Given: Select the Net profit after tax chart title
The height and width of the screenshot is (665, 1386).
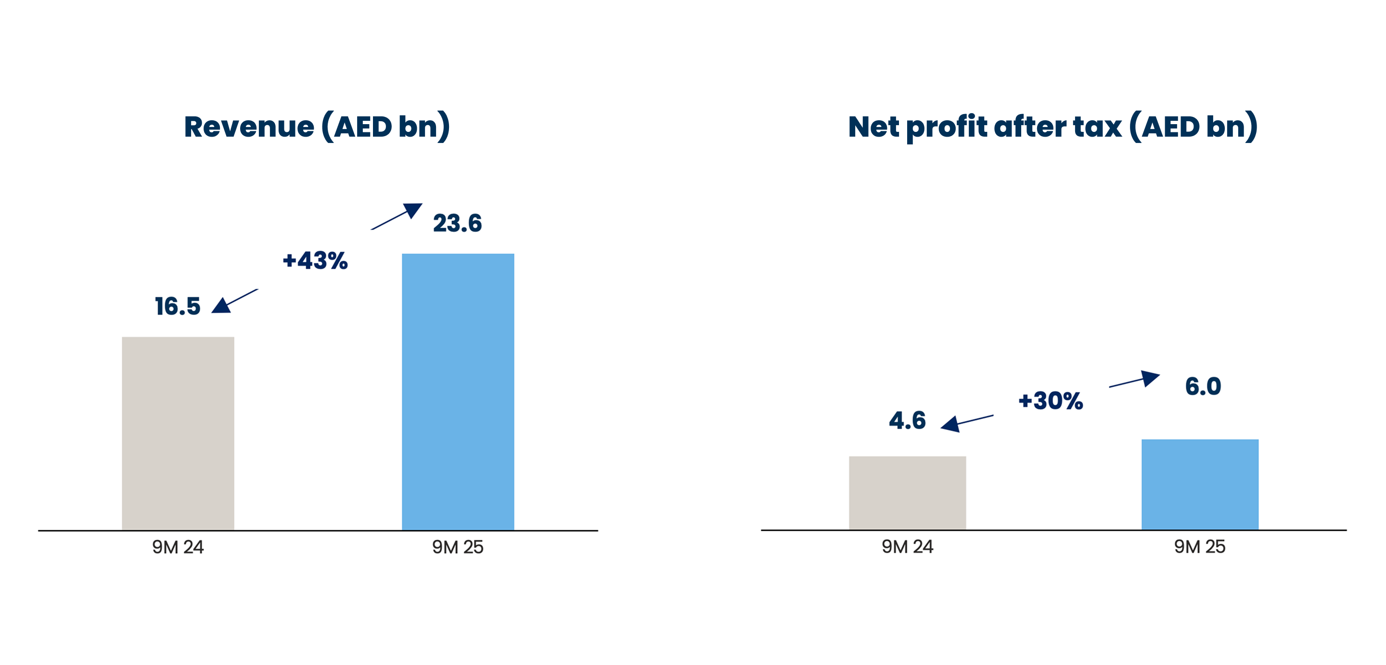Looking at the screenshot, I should (x=1052, y=127).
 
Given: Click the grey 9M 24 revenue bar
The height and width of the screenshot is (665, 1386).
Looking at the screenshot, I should (x=178, y=433).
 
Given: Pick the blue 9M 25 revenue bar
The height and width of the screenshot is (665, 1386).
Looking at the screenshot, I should (x=458, y=392).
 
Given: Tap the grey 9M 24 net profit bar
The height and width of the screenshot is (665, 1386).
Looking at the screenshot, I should (x=907, y=492).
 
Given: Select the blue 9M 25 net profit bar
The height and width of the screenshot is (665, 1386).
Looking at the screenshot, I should (x=1200, y=484).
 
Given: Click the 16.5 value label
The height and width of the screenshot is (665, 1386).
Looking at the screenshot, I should (x=178, y=306).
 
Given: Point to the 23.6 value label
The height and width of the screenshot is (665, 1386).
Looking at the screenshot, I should (x=457, y=223).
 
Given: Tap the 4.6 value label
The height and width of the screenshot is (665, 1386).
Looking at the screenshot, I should (x=907, y=420).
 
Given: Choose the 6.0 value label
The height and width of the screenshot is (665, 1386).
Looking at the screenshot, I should (x=1203, y=386).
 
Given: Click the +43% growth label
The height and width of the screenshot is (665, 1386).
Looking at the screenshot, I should (x=315, y=260).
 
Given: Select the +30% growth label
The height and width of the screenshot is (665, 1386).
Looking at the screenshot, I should (x=1050, y=400).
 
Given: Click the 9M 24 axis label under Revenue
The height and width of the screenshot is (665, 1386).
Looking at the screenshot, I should (x=178, y=547).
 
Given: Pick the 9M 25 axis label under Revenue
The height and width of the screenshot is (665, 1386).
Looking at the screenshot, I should (x=458, y=547).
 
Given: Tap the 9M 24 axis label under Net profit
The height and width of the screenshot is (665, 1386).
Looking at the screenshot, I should (x=907, y=547).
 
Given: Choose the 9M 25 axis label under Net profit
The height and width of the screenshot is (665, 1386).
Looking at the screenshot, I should (x=1200, y=547).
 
